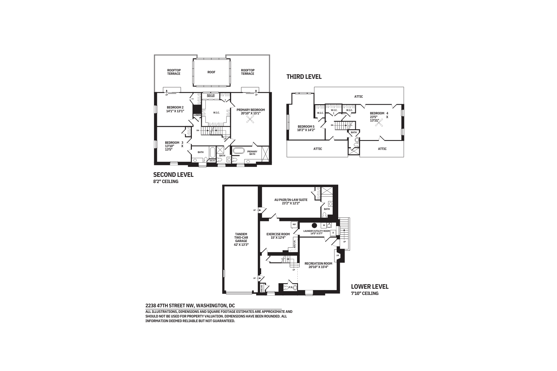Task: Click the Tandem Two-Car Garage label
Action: click(241, 239)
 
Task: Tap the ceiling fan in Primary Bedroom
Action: click(250, 122)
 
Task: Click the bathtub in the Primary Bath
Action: click(239, 151)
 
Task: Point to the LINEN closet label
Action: click(197, 115)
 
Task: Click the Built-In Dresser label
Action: click(210, 96)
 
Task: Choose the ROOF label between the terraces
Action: click(211, 72)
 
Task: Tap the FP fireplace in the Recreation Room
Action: click(338, 256)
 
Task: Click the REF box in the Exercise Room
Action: click(294, 224)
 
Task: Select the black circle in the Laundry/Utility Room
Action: click(314, 225)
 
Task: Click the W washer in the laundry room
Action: click(324, 225)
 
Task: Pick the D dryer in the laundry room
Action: click(333, 232)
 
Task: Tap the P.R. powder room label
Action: click(291, 288)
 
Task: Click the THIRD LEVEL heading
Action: click(304, 77)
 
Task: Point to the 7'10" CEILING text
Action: click(365, 293)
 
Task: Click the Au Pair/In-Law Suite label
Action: click(291, 202)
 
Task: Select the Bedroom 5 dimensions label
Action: click(306, 130)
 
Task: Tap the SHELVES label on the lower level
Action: click(262, 288)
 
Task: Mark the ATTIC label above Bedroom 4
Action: click(358, 96)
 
